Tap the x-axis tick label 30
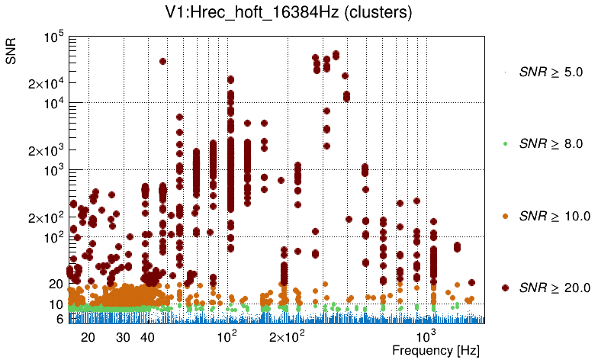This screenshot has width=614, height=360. coord(123,337)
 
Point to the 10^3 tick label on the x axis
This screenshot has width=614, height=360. coord(425,336)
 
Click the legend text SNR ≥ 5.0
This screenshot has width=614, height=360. coord(550,72)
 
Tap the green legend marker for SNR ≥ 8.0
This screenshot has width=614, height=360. coord(505,143)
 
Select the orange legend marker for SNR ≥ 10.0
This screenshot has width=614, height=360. coord(505,216)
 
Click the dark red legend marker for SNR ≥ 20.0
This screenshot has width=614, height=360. coord(505,288)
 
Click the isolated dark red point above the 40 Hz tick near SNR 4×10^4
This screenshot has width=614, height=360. coord(162,61)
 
